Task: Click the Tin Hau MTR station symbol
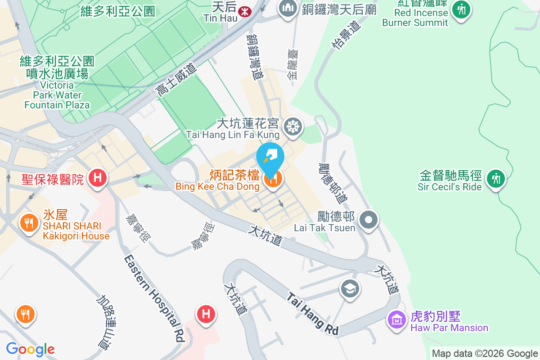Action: click(x=245, y=9)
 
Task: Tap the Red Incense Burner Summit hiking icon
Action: click(x=461, y=9)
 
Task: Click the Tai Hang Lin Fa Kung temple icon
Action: click(x=293, y=126)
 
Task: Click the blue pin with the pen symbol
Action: click(x=270, y=157)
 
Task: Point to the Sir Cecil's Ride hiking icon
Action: click(x=496, y=179)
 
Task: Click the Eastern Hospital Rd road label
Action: click(x=154, y=297)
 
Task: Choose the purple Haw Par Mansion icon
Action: click(x=396, y=320)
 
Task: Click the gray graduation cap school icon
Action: click(x=350, y=288)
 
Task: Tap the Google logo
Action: click(x=30, y=349)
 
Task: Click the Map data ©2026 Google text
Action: click(x=485, y=353)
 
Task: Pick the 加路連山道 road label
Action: click(x=104, y=322)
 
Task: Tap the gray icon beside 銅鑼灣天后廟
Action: click(x=287, y=8)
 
